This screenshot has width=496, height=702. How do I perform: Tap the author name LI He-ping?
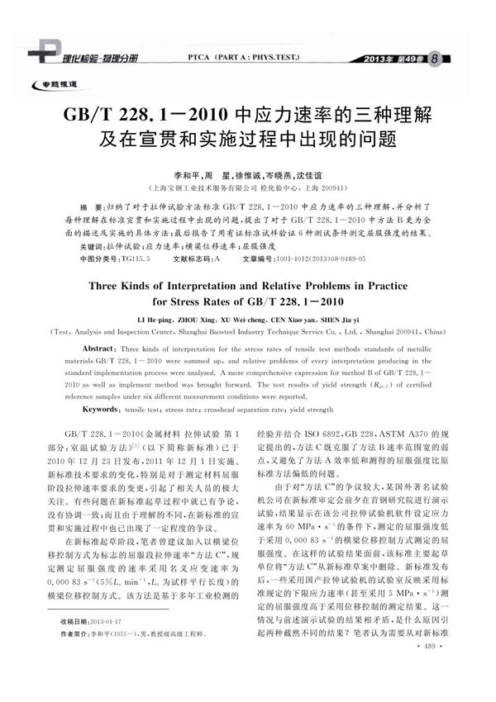coord(177,318)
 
